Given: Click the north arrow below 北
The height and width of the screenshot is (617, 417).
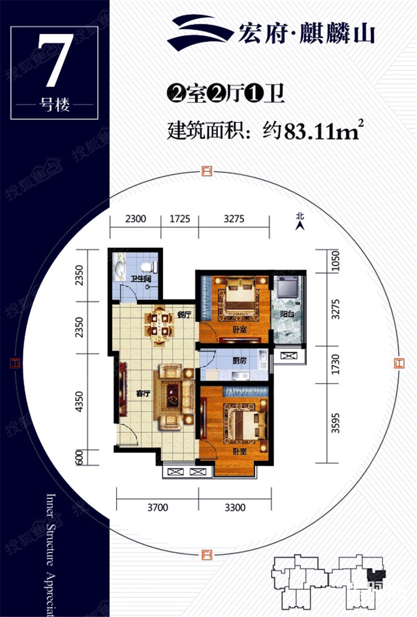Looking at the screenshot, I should coord(300,226).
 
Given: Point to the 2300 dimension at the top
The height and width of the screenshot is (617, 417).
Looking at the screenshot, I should coord(135,218).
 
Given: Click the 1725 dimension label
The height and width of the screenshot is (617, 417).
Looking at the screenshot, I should coord(180,218).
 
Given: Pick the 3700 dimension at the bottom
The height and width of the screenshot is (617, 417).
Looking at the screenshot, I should coord(158,507).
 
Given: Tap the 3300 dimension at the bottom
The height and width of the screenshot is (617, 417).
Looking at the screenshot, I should coord(235,507).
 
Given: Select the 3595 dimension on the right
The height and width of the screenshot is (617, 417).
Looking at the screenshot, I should coord(335,423).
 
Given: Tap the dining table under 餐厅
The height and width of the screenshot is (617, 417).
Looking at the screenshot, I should coord(159,324).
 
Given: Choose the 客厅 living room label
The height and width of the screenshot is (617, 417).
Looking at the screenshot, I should coord(143,393).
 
